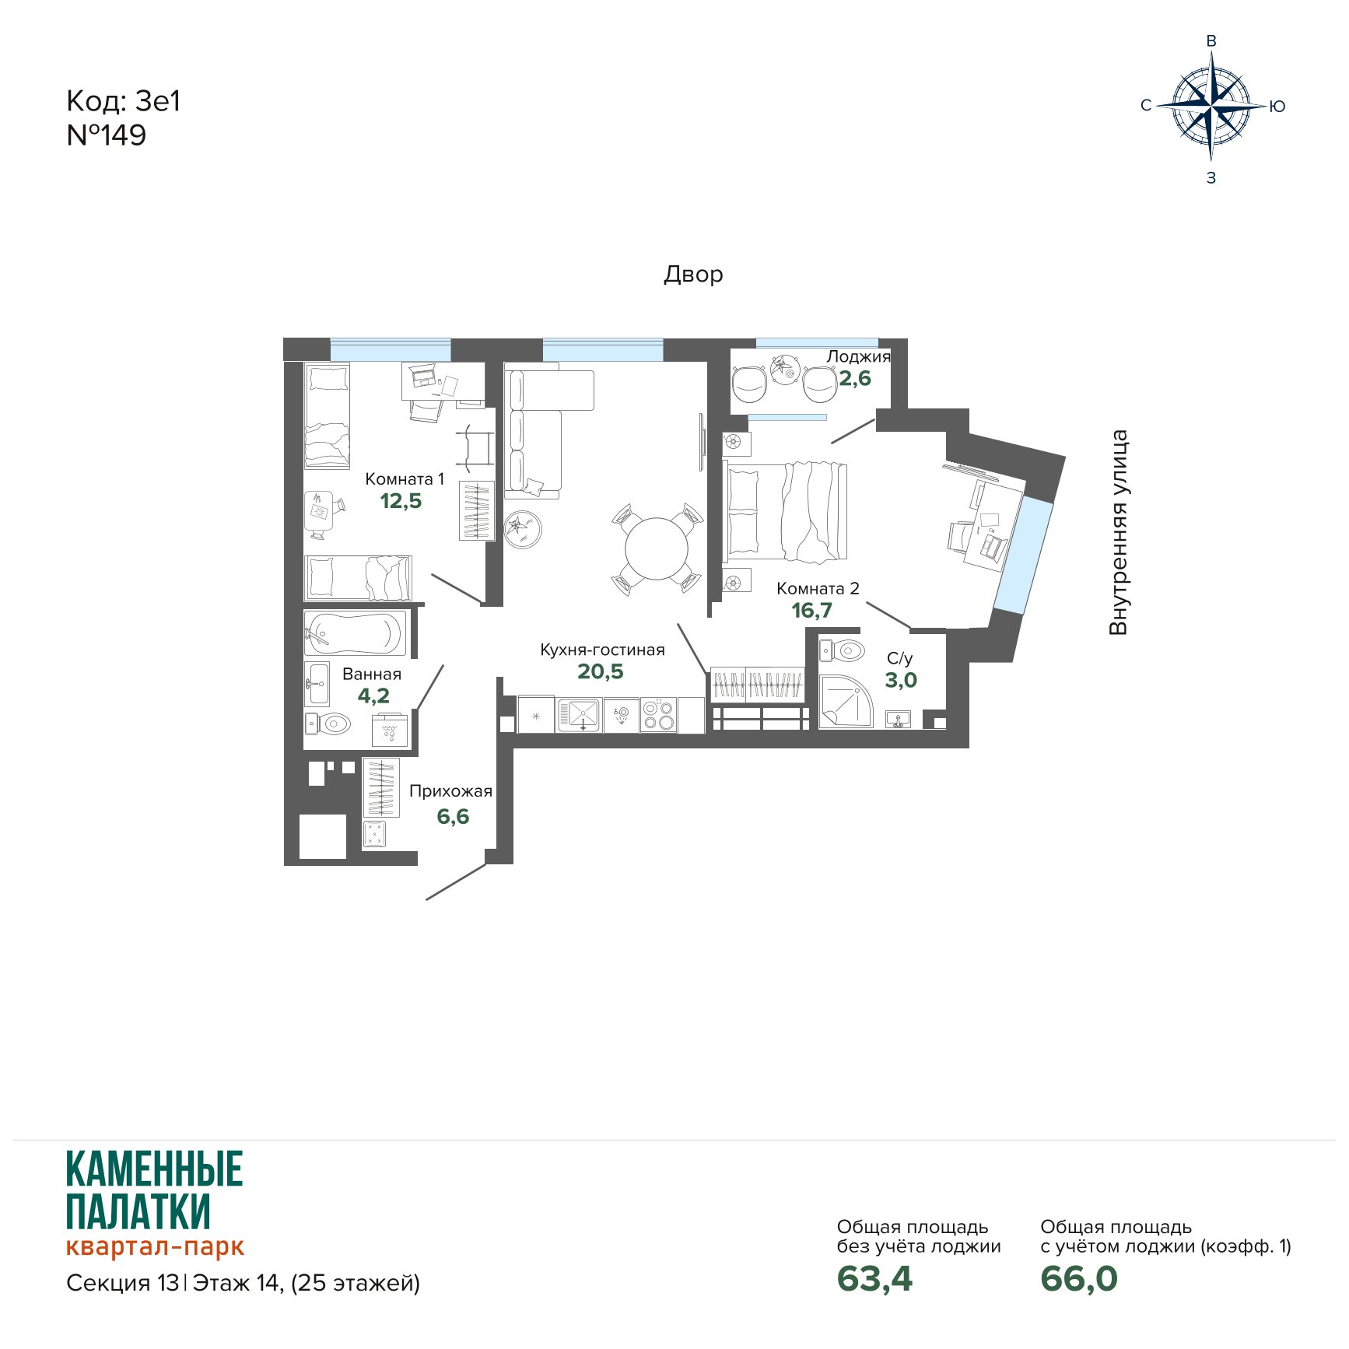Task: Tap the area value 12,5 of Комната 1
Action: (401, 501)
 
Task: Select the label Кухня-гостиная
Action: (602, 650)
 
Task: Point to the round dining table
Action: (657, 548)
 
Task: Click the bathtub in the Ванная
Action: (355, 633)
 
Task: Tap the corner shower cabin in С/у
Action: (846, 701)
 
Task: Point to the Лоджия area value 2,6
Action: (854, 379)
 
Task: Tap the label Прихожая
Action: (450, 791)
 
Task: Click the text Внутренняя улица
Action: (1118, 533)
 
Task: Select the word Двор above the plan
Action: (693, 275)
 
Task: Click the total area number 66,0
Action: (1079, 1279)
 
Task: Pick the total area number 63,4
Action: (874, 1279)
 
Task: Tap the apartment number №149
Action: (107, 135)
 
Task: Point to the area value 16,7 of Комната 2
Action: (811, 611)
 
